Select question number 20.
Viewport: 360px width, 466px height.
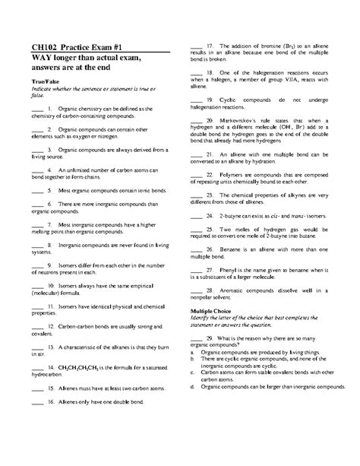tap(209, 121)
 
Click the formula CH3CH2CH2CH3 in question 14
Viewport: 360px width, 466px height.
tap(81, 366)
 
